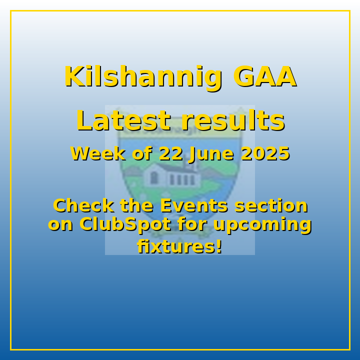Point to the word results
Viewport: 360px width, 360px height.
(233, 121)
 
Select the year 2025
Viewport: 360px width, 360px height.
(265, 153)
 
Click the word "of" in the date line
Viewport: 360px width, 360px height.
(142, 153)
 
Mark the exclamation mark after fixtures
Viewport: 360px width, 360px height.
(219, 246)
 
